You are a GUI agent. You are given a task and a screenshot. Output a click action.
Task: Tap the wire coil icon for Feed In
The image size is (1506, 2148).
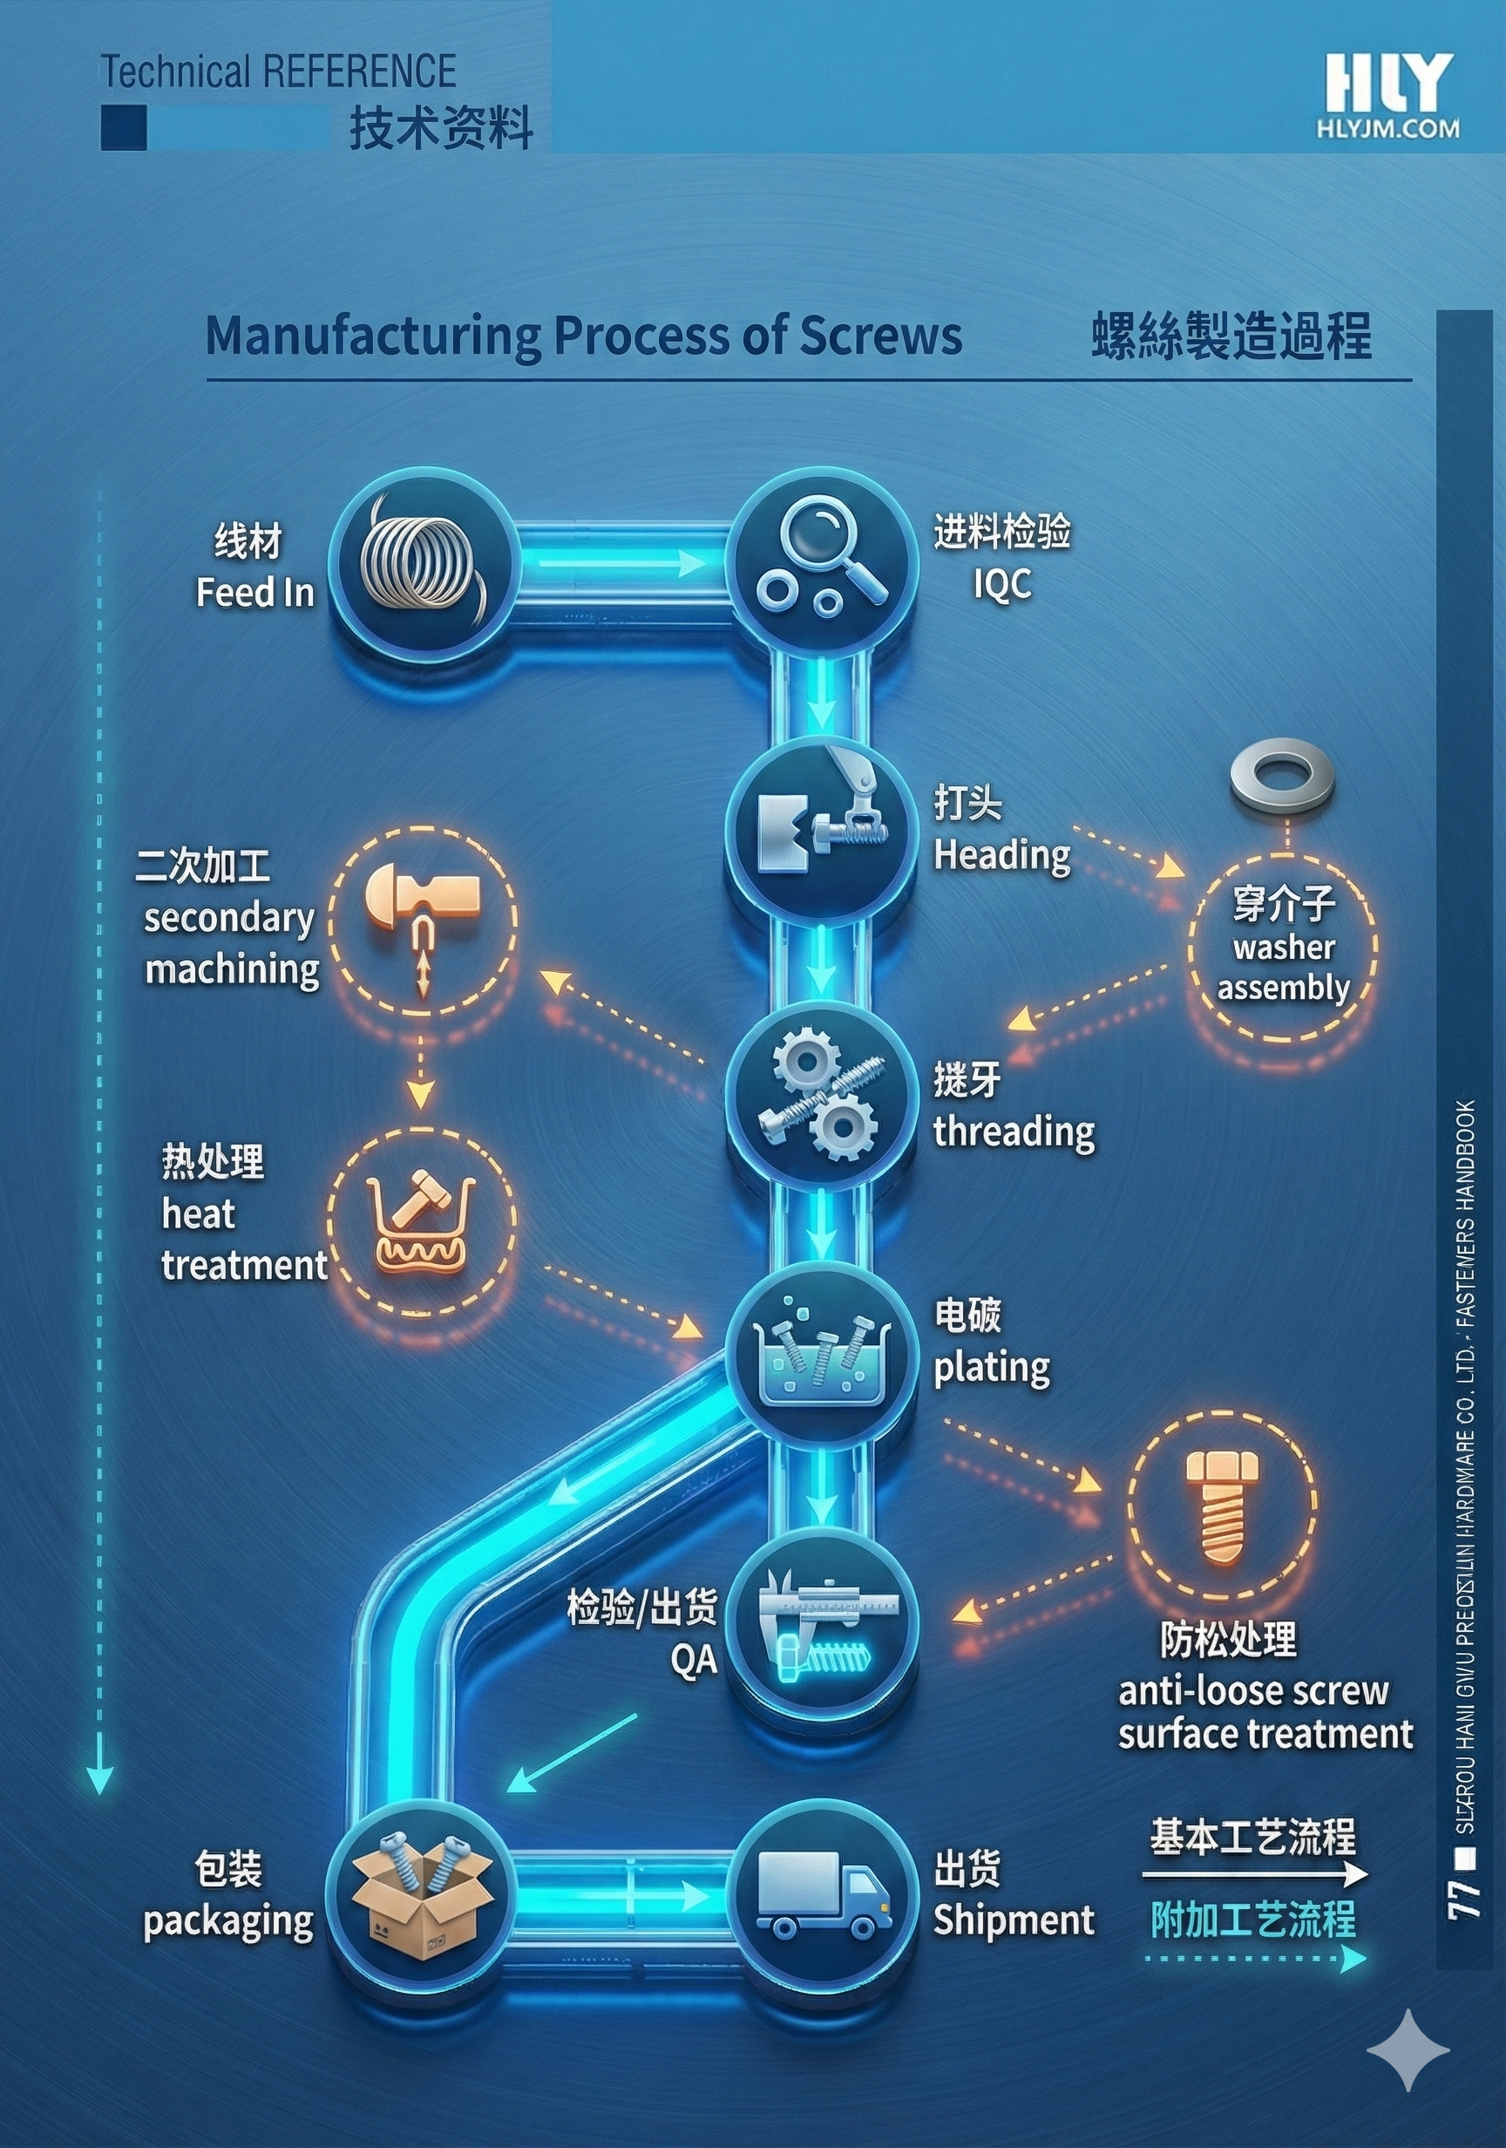[422, 566]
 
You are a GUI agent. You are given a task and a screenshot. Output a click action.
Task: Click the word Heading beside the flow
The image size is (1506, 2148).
[1001, 855]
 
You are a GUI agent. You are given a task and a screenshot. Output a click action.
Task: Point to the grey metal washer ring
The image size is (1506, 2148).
[1281, 774]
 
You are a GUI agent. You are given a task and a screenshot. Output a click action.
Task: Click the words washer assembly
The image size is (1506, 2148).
[1284, 968]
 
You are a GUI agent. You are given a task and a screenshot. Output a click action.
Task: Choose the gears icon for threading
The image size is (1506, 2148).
[820, 1095]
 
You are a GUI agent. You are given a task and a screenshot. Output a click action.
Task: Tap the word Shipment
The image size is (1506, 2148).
[1013, 1920]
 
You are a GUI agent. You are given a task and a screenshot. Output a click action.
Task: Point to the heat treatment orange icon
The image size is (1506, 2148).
[421, 1220]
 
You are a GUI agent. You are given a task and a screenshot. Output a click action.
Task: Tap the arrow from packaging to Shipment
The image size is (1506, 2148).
[622, 1895]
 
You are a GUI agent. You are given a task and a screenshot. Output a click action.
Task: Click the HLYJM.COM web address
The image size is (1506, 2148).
[1388, 129]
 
